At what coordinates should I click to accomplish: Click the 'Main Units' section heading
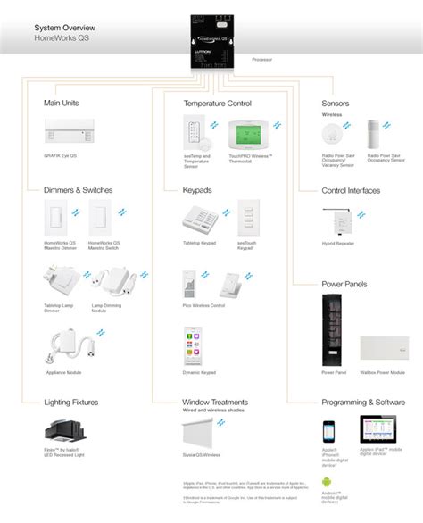(62, 104)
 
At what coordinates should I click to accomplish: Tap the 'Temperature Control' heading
(218, 104)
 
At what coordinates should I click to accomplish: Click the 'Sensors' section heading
(336, 104)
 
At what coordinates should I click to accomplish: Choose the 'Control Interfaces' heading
(352, 190)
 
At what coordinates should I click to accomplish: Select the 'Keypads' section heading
(198, 190)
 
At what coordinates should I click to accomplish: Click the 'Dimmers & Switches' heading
(77, 190)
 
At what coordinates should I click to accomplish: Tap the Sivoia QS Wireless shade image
(203, 433)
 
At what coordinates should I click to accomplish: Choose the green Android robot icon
(328, 482)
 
